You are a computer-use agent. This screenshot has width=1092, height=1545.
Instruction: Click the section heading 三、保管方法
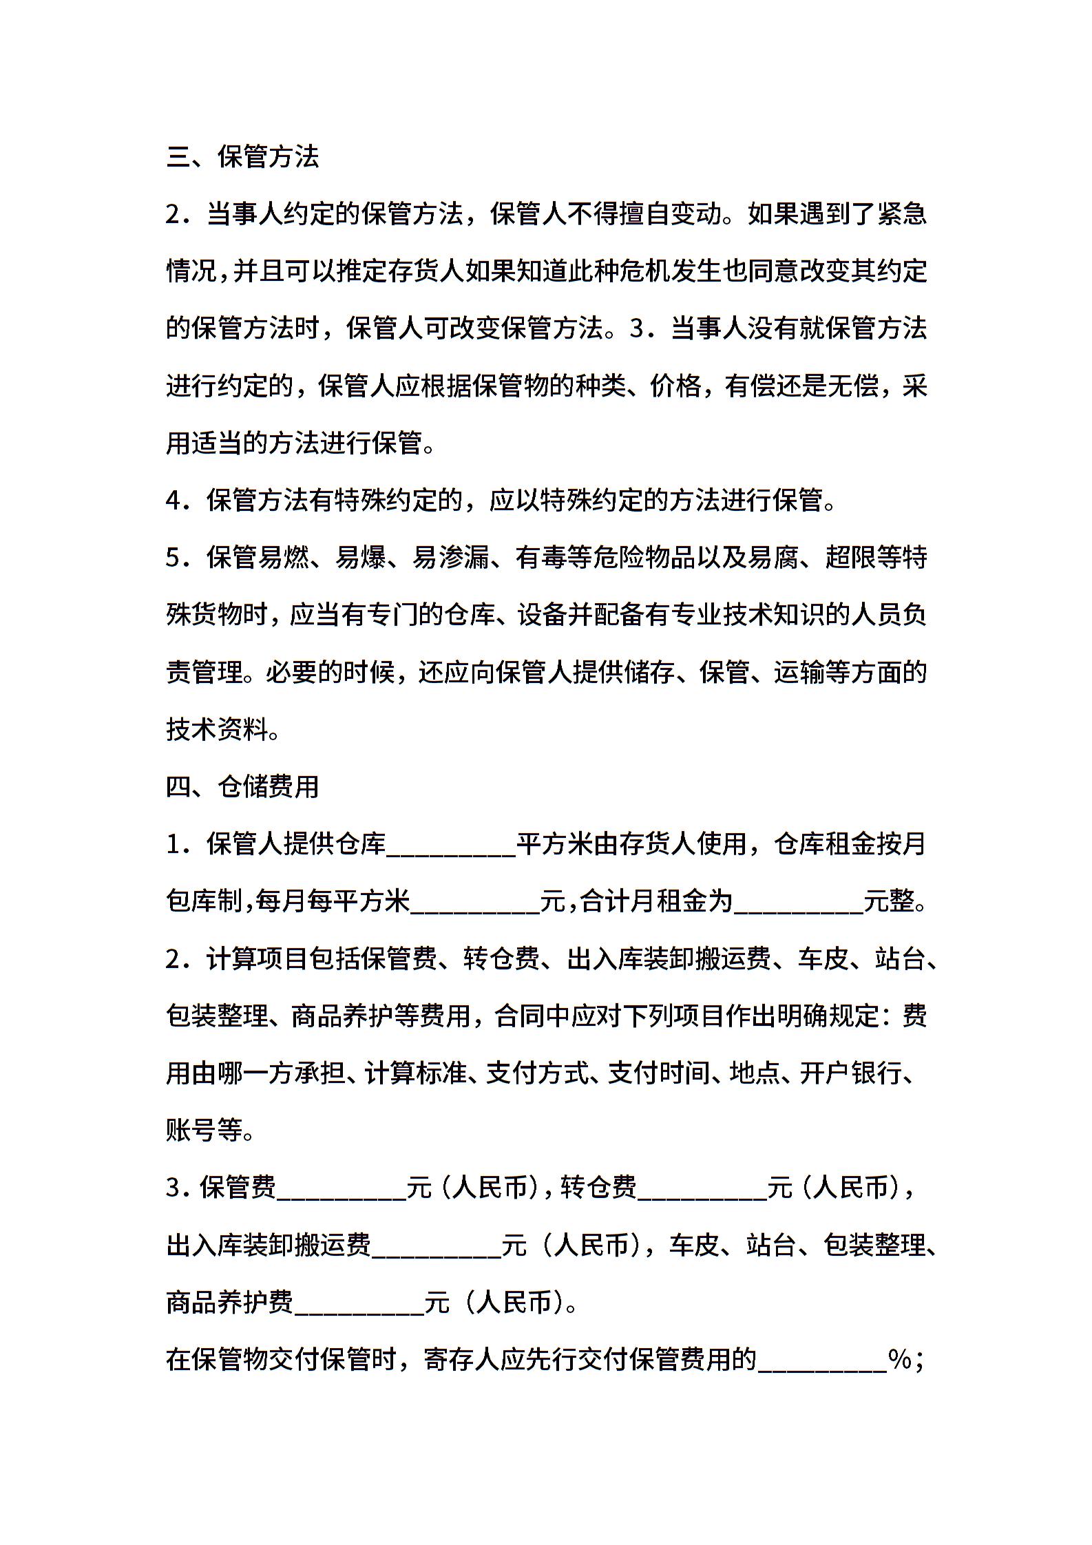(242, 157)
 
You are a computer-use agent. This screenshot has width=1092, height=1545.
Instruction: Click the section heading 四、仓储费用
(242, 786)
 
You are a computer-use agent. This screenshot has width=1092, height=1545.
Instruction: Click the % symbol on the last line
(901, 1359)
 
